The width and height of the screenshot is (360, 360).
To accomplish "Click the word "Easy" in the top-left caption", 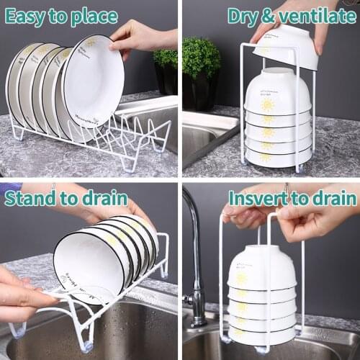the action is click(x=24, y=17).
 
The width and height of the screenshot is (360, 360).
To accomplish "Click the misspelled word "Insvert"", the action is click(x=258, y=198).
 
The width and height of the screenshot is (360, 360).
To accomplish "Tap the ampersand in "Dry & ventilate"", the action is click(x=268, y=17).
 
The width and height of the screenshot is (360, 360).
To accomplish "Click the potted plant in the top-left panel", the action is click(x=166, y=71).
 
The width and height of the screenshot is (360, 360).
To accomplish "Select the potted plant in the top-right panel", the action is click(x=200, y=73).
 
